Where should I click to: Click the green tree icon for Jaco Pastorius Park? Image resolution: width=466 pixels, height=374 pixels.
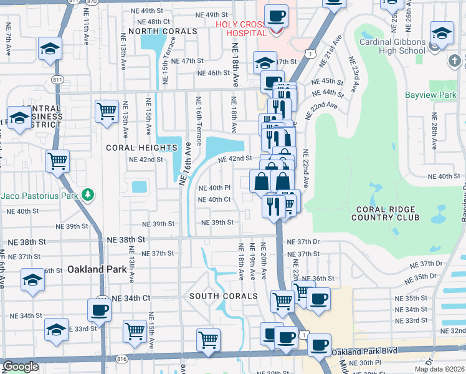(x=88, y=195)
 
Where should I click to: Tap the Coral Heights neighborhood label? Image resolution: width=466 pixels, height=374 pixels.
(x=141, y=148)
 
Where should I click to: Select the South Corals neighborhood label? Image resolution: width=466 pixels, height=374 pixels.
(x=223, y=295)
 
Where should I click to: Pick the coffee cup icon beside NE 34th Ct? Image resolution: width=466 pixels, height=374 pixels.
(x=99, y=309)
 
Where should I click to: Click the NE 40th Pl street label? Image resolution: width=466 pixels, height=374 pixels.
(x=214, y=188)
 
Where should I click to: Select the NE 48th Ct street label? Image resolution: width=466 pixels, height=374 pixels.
(x=150, y=21)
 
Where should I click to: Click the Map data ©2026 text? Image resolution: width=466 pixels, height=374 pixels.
(x=439, y=369)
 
